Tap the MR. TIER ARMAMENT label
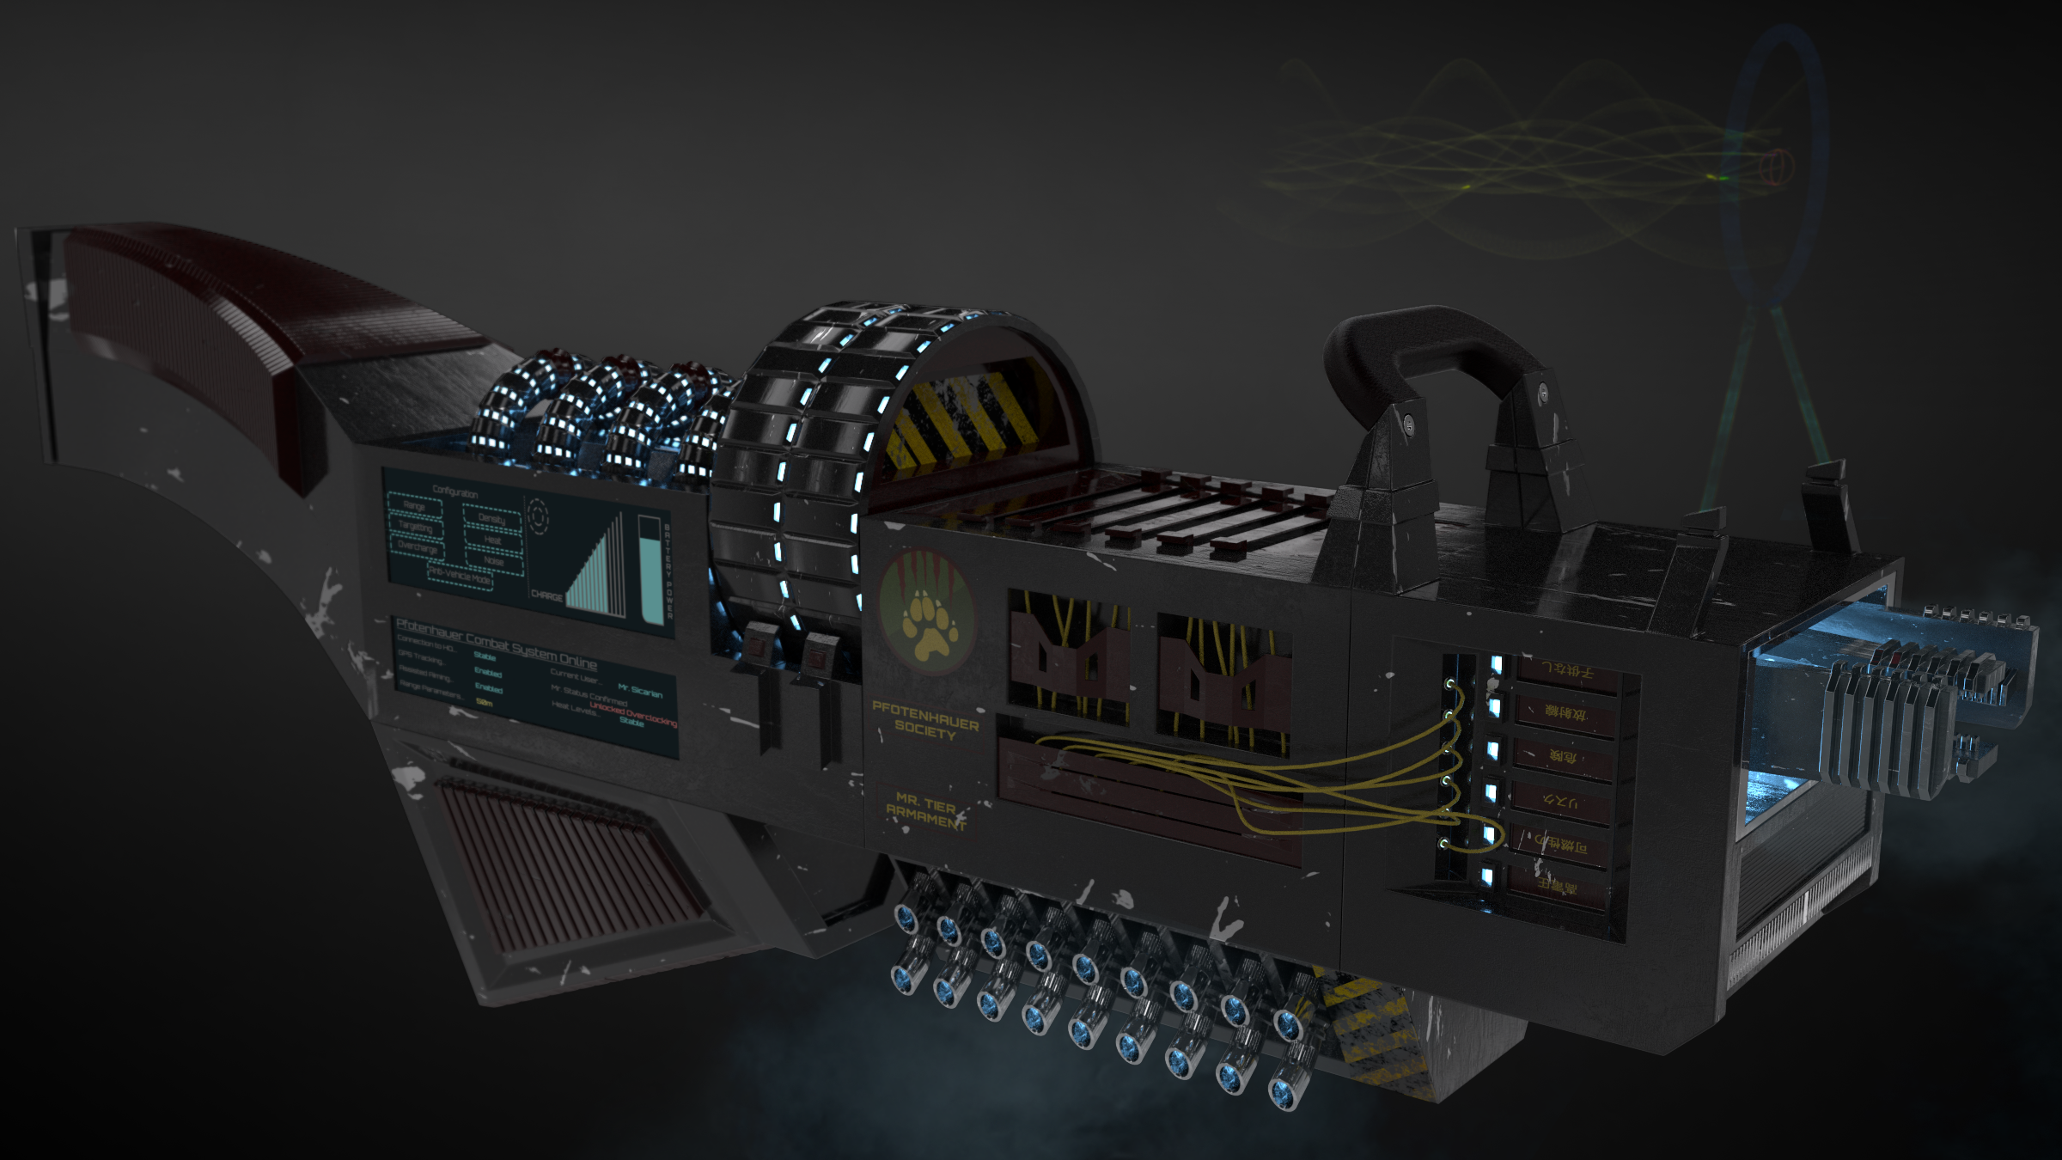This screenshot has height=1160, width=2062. (925, 811)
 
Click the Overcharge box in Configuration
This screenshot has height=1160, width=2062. (418, 546)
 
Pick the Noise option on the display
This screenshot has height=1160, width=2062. (493, 561)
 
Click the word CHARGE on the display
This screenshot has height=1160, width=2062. (547, 595)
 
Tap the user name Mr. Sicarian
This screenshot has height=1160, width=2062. (640, 692)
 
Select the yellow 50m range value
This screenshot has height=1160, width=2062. (484, 703)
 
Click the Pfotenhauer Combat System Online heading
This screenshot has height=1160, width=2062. (496, 643)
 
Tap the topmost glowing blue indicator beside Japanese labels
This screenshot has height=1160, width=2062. (1497, 664)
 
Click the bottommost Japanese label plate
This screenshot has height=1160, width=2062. (1557, 886)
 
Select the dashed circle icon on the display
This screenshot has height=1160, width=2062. (538, 516)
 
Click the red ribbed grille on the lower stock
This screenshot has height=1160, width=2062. (567, 868)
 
